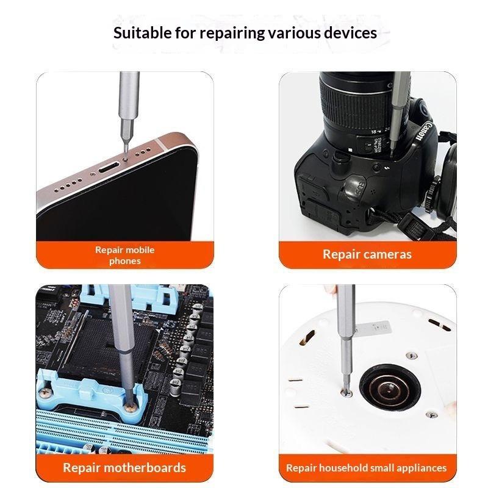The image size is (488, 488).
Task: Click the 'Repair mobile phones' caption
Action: (124, 255)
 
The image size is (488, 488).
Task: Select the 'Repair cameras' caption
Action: (367, 254)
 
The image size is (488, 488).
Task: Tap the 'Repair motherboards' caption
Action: (124, 468)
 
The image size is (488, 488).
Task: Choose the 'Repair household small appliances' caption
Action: (367, 468)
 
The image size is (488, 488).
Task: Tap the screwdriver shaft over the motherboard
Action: (120, 342)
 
